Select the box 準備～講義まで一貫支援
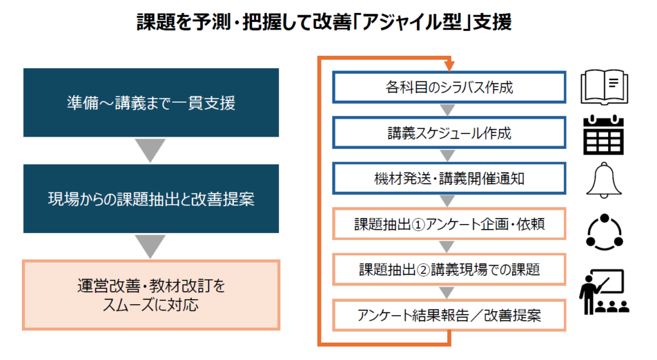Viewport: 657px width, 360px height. tap(151, 103)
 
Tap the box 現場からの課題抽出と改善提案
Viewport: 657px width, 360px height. tap(151, 199)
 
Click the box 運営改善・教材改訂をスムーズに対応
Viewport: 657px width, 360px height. tap(151, 295)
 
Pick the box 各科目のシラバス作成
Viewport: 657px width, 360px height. tap(448, 88)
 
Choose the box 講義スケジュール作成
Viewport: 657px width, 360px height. tap(448, 133)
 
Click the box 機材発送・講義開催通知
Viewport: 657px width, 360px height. tap(448, 178)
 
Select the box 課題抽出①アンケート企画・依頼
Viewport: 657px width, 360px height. tap(448, 225)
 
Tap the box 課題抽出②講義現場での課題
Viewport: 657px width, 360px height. tap(448, 270)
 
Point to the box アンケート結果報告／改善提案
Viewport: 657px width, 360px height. tap(448, 316)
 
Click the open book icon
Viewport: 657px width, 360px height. tap(604, 88)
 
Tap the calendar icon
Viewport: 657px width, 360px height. tap(603, 135)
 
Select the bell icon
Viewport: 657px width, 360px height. tap(603, 181)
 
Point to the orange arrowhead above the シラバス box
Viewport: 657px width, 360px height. tap(448, 66)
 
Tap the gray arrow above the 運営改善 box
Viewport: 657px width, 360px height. tap(151, 246)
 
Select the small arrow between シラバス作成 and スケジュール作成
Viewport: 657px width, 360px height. tap(448, 110)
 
